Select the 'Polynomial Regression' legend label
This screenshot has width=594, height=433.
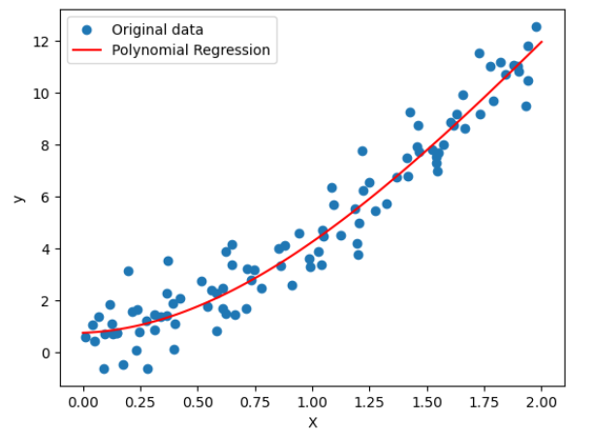pos(191,49)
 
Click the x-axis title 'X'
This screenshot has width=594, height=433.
pos(312,422)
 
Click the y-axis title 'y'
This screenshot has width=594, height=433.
pos(16,199)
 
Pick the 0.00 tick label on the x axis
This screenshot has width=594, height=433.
pos(83,401)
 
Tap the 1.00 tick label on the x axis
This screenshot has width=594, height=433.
pos(312,401)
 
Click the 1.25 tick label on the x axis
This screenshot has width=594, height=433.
pos(369,401)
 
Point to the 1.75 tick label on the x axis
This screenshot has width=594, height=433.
pos(484,401)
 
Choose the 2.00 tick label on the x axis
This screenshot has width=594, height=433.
pos(541,401)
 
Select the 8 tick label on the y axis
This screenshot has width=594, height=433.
pos(46,145)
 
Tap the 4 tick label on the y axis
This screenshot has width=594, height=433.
pos(46,249)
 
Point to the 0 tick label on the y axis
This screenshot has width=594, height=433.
pos(46,353)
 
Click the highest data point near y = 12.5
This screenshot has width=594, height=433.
pos(536,27)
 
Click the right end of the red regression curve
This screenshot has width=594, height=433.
pos(541,42)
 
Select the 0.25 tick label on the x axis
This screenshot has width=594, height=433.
pos(141,401)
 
